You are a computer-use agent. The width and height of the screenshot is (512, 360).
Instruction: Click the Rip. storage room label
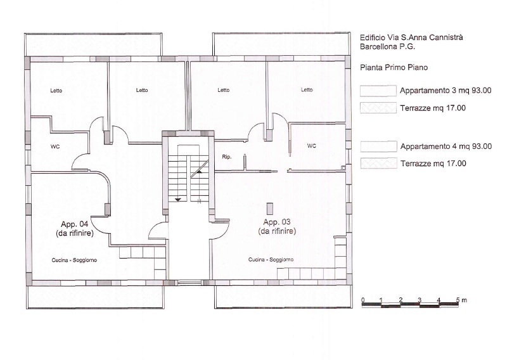pyautogui.click(x=226, y=156)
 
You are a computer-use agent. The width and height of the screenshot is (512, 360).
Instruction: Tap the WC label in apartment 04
pyautogui.click(x=55, y=146)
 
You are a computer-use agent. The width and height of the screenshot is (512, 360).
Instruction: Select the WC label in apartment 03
pyautogui.click(x=311, y=145)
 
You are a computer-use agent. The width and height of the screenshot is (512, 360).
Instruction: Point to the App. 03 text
pyautogui.click(x=277, y=222)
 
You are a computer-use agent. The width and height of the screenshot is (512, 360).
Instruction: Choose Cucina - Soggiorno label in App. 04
pyautogui.click(x=74, y=260)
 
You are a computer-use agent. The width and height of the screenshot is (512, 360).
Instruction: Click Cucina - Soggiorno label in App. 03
pyautogui.click(x=271, y=259)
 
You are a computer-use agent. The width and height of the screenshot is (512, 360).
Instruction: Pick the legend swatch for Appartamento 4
pyautogui.click(x=378, y=146)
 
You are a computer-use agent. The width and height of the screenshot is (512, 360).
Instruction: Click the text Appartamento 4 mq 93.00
pyautogui.click(x=445, y=146)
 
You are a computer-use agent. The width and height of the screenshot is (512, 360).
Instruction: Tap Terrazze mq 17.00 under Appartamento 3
pyautogui.click(x=433, y=108)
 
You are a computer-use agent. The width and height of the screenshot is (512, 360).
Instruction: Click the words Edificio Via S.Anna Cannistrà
pyautogui.click(x=411, y=37)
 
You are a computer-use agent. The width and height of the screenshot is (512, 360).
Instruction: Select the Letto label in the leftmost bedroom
pyautogui.click(x=56, y=90)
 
